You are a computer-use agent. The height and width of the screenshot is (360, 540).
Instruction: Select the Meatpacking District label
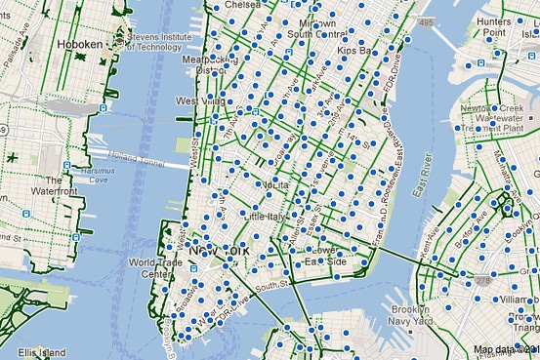[x=212, y=63]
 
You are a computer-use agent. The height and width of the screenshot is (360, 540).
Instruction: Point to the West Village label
[x=197, y=101]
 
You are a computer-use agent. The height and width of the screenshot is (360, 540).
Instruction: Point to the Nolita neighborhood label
[x=270, y=183]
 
